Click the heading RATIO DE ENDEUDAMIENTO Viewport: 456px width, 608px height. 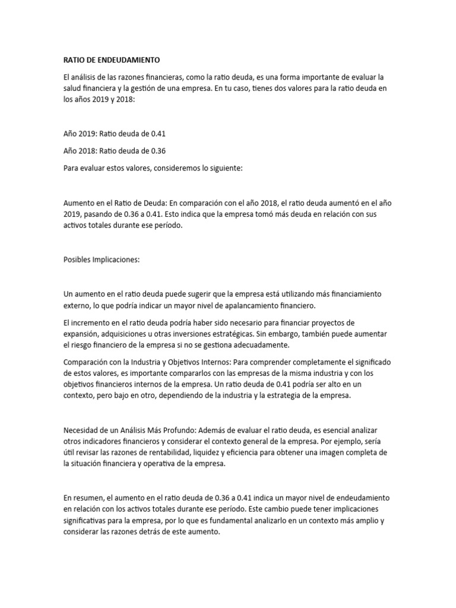click(x=112, y=60)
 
